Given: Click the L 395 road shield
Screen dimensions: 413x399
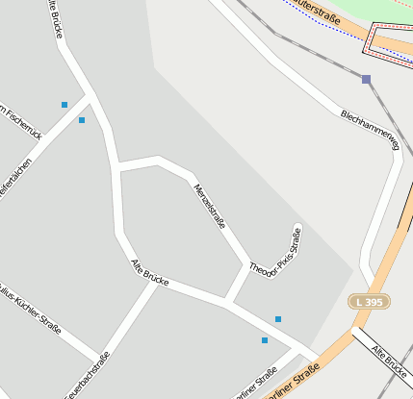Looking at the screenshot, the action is click(x=369, y=302).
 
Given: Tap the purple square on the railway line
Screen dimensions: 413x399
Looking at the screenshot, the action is click(x=366, y=79).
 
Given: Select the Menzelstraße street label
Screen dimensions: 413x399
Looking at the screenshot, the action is click(x=210, y=206).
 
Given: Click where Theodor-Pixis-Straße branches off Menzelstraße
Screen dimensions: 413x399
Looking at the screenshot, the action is click(x=247, y=265).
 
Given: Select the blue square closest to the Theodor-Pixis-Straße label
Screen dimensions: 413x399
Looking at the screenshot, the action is click(x=278, y=319).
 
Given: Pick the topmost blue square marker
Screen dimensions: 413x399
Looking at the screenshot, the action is click(x=65, y=104).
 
